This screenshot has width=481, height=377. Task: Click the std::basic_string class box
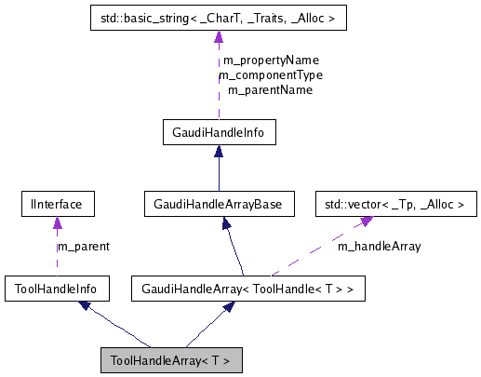click(218, 17)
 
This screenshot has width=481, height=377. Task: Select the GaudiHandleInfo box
click(218, 133)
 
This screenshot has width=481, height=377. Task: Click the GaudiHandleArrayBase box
click(218, 202)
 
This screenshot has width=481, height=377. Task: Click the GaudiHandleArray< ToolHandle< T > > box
click(247, 289)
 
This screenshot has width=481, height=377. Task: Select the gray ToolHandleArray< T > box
click(171, 359)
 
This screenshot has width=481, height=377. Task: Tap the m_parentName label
click(270, 90)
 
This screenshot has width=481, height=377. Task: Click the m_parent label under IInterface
click(83, 247)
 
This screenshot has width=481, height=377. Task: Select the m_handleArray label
click(379, 247)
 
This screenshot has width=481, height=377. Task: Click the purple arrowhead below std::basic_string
click(218, 36)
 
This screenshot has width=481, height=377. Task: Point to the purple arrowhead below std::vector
click(368, 221)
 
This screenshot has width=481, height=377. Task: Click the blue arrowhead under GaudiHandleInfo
click(218, 153)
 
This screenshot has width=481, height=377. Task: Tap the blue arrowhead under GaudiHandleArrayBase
click(223, 222)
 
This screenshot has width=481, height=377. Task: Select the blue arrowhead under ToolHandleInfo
click(85, 306)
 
